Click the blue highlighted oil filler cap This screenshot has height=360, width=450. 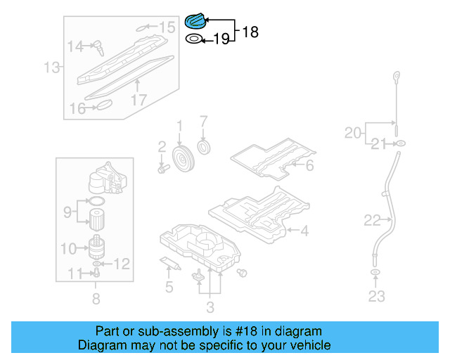pyautogui.click(x=194, y=21)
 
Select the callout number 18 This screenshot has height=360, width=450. pyautogui.click(x=250, y=32)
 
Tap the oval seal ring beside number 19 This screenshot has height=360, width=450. pyautogui.click(x=193, y=40)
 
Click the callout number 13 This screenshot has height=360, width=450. pyautogui.click(x=51, y=68)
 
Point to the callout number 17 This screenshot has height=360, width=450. pyautogui.click(x=138, y=100)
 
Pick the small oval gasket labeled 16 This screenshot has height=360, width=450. pyautogui.click(x=103, y=105)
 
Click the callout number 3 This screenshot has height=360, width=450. pyautogui.click(x=210, y=307)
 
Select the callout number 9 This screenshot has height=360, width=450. pyautogui.click(x=68, y=210)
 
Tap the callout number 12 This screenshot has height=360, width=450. pyautogui.click(x=122, y=264)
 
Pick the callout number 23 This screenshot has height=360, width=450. pyautogui.click(x=376, y=296)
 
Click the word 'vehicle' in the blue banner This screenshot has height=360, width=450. pyautogui.click(x=307, y=345)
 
